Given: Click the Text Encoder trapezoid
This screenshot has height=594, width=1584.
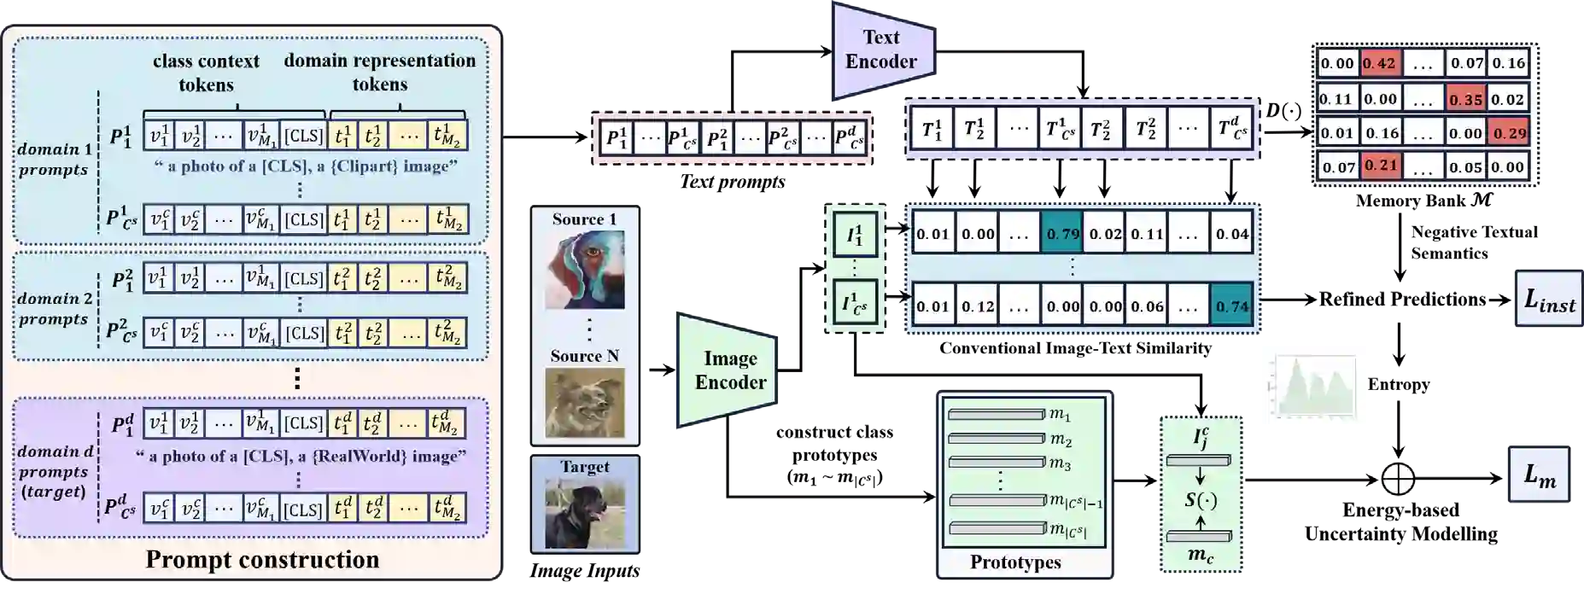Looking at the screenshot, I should [x=881, y=50].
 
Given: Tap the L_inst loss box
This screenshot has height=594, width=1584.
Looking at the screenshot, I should [x=1549, y=300].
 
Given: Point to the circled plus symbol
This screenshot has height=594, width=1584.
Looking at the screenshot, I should [x=1398, y=480].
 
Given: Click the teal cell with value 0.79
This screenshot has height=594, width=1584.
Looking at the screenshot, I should [x=1062, y=234].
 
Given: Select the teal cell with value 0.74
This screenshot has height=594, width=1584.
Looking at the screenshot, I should [x=1231, y=306].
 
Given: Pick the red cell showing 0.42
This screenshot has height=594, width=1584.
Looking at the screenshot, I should [x=1379, y=63].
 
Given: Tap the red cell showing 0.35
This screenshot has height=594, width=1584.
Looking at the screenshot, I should [x=1465, y=99].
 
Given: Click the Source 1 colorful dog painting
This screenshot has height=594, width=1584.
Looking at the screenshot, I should [x=585, y=270].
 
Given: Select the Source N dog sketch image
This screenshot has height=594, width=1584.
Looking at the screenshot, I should [x=585, y=402].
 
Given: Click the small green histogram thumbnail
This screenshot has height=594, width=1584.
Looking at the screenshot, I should [x=1311, y=386].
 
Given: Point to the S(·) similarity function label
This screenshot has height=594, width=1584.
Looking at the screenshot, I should [x=1200, y=499].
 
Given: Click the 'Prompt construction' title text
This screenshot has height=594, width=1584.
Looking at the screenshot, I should [x=262, y=560].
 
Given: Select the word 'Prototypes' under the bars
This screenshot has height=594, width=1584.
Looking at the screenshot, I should [x=1015, y=562].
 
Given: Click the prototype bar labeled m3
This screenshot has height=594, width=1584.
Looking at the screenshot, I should [x=997, y=463].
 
